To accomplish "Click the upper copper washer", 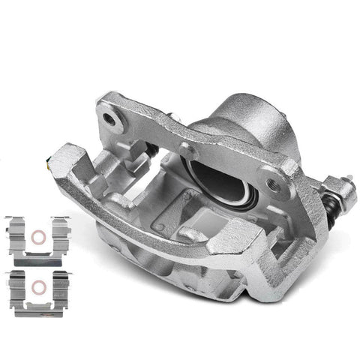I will tap(37, 239).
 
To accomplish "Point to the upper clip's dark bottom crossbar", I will tap(37, 255).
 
